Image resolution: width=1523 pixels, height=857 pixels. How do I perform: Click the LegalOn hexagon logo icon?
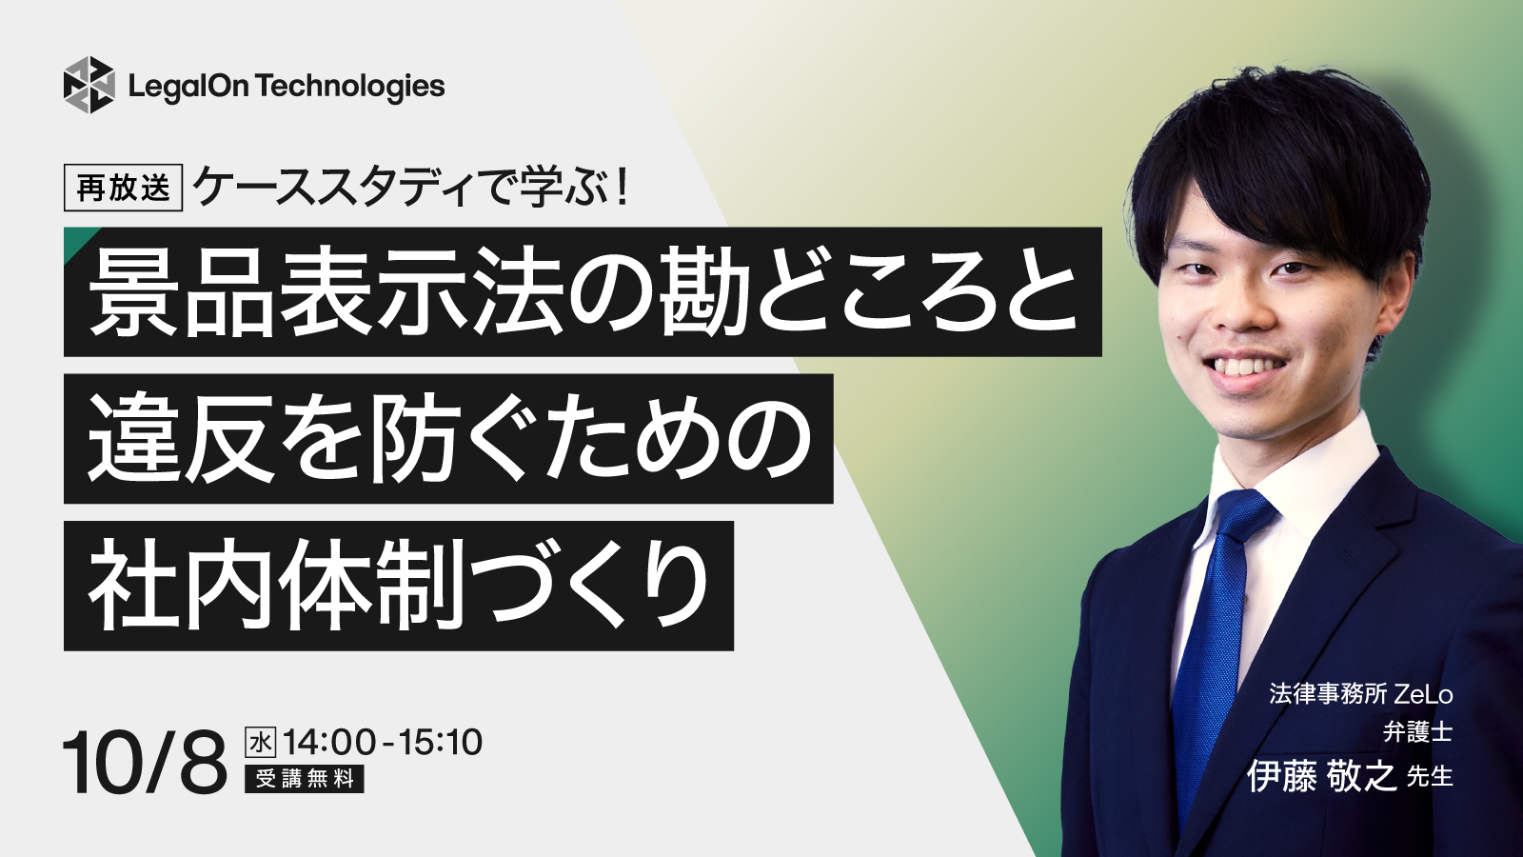[89, 85]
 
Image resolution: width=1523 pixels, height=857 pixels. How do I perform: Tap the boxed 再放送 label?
[123, 188]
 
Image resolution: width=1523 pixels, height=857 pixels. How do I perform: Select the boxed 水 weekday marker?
[261, 742]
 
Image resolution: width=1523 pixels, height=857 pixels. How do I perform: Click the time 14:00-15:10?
[383, 742]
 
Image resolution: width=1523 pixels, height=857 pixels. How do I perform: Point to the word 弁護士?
[1417, 732]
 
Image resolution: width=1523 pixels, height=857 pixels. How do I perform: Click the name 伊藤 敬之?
[1322, 777]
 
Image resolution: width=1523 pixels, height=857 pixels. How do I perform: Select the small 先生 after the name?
[1429, 777]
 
